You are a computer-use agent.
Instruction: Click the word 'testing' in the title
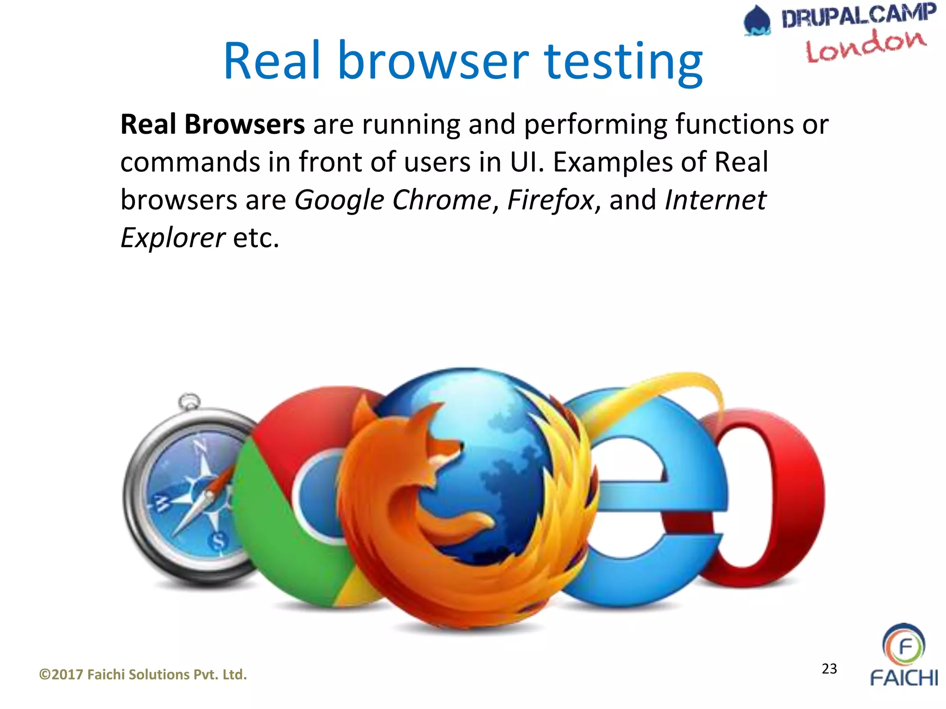tap(624, 62)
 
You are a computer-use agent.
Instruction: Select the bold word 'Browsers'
tap(244, 125)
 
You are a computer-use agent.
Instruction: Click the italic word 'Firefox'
tap(550, 200)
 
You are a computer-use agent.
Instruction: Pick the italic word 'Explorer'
tap(173, 238)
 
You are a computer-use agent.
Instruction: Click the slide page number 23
tap(829, 668)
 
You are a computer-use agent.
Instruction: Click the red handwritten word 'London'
tap(866, 46)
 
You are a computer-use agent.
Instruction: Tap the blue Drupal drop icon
tap(757, 21)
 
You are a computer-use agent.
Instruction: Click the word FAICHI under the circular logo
tap(904, 678)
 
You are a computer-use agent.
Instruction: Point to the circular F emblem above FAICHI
tap(904, 645)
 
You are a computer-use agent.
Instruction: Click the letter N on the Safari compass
tap(200, 446)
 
